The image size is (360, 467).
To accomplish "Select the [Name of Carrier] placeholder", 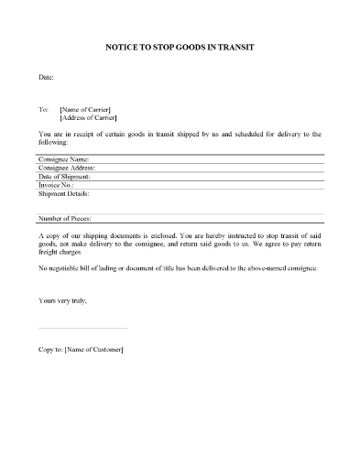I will [88, 108].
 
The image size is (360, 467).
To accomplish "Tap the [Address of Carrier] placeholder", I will [90, 118].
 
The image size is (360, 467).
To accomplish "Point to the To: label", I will [43, 108].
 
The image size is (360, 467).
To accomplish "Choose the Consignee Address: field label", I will [68, 168].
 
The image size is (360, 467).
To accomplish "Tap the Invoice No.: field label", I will [56, 185].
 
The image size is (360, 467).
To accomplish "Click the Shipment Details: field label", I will [64, 193].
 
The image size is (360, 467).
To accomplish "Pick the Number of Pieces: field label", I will [65, 218].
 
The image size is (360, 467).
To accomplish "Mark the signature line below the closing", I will [82, 328].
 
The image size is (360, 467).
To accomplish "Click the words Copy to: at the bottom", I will [51, 349].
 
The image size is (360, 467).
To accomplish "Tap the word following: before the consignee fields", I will [54, 142].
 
